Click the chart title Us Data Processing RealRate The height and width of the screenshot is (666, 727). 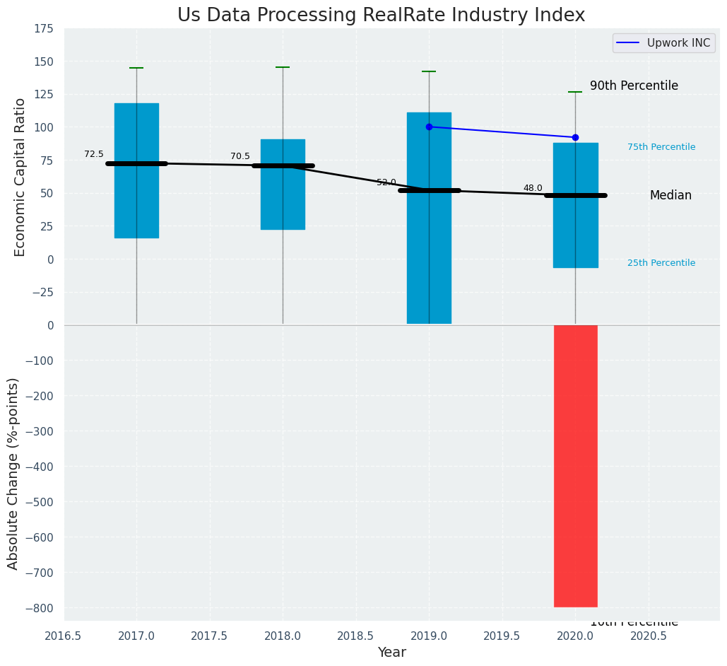tap(381, 16)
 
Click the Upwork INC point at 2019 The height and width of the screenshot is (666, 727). tap(429, 127)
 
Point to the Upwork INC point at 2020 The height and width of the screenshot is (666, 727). tap(575, 137)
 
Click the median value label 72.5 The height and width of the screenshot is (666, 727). tap(94, 155)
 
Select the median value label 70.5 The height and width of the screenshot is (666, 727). tap(240, 157)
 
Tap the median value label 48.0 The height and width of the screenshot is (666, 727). tap(533, 189)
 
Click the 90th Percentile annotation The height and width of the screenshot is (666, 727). tap(634, 86)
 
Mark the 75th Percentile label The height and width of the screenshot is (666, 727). tap(661, 147)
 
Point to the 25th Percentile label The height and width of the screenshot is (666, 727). tap(661, 263)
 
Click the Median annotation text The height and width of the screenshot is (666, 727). tap(670, 196)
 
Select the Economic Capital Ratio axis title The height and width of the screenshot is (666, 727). tap(20, 177)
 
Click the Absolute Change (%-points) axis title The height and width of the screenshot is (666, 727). tap(13, 473)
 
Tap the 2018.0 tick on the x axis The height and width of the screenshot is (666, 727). tap(283, 636)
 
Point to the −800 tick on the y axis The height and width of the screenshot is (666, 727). tap(38, 608)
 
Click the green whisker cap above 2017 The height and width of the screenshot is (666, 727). tap(136, 68)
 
